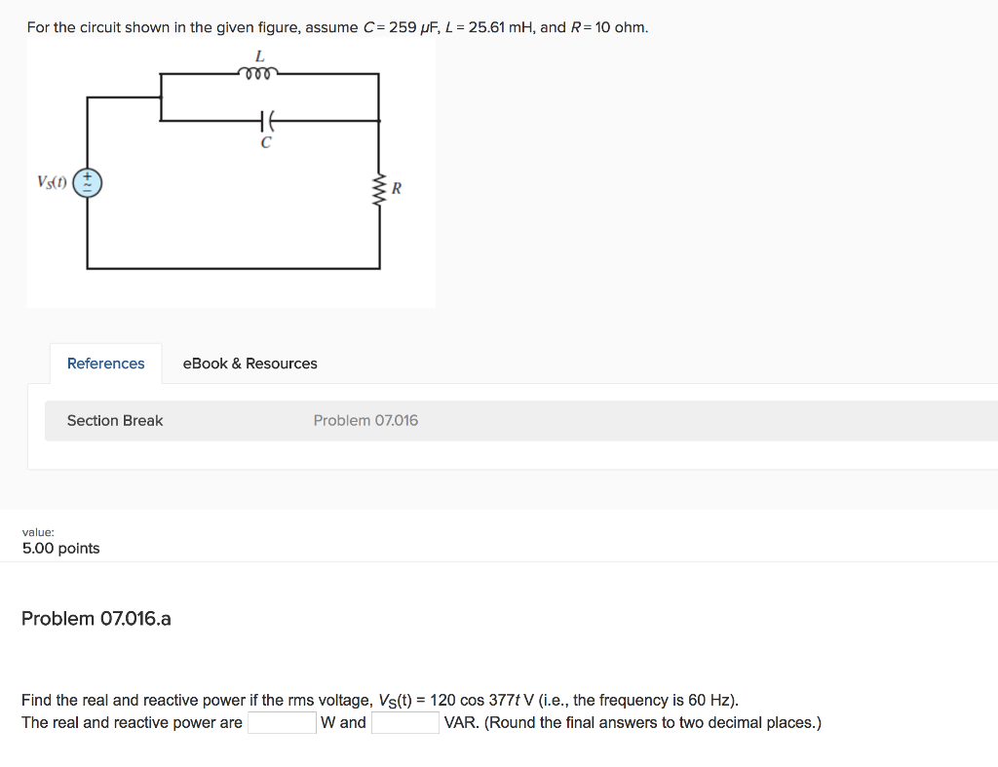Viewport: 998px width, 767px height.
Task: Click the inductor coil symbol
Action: coord(258,72)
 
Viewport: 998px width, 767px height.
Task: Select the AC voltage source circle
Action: coord(88,182)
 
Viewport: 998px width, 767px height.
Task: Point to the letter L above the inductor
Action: coord(259,55)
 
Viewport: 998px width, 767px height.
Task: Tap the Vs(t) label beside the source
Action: coord(52,182)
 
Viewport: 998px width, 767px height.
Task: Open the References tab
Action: coord(105,364)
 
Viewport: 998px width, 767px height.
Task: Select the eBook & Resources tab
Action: coord(249,364)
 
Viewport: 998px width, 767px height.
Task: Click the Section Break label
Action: coord(115,420)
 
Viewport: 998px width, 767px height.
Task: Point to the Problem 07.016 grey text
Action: coord(365,420)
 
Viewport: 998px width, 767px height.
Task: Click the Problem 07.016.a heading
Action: coord(96,619)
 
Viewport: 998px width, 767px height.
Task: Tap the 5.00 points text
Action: coord(60,548)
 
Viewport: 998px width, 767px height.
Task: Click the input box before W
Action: coord(281,723)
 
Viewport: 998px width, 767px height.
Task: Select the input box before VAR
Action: coord(404,723)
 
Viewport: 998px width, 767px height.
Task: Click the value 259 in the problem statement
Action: coord(403,27)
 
